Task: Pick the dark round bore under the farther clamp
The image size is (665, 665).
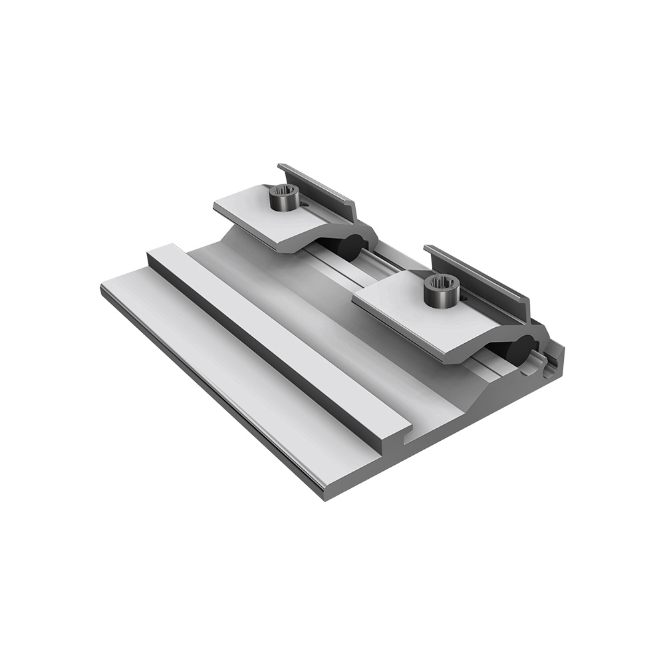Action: coord(350,245)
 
